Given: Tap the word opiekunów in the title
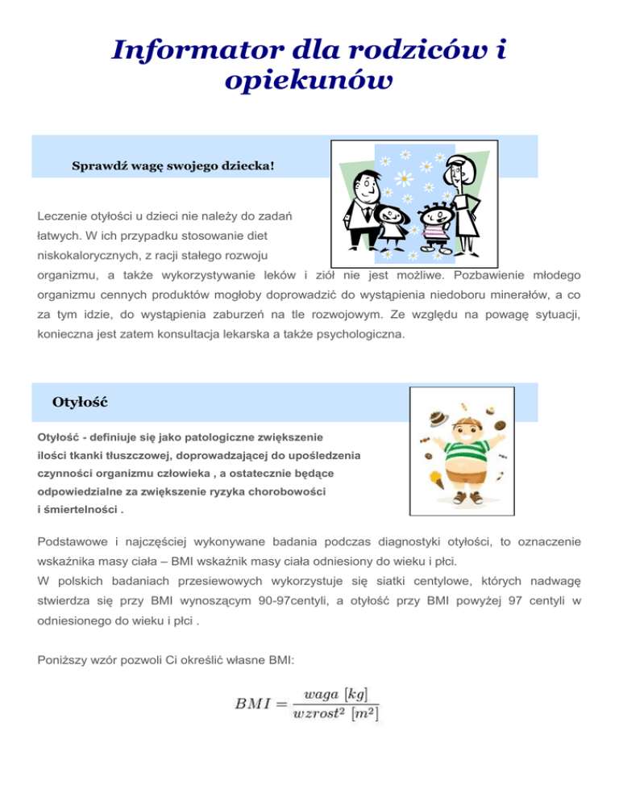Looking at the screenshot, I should (309, 82).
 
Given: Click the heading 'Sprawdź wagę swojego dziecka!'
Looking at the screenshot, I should (173, 166).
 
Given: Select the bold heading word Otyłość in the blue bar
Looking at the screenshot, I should (79, 401).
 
